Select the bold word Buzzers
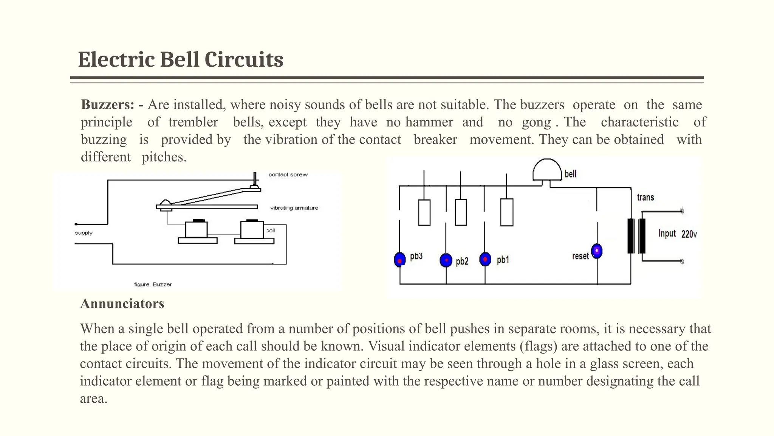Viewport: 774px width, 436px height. click(107, 104)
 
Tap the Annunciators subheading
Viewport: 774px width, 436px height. click(122, 304)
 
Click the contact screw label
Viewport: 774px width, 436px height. click(288, 174)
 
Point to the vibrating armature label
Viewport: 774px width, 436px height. click(294, 208)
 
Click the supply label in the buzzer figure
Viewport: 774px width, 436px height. click(84, 233)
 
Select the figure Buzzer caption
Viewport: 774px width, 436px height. click(153, 284)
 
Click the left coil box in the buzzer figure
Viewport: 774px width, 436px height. click(196, 230)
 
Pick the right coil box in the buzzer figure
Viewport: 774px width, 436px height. click(252, 230)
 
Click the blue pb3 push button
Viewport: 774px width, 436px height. click(399, 260)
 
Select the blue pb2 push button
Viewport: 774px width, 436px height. click(446, 260)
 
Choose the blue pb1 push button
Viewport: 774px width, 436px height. click(485, 259)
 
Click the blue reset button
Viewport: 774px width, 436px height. click(597, 251)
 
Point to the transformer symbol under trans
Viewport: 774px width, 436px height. click(636, 236)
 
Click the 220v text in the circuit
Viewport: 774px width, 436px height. click(689, 234)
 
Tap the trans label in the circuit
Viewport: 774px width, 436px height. click(645, 197)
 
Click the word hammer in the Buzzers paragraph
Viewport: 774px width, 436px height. click(429, 122)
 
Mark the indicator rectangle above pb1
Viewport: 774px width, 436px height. click(506, 212)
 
